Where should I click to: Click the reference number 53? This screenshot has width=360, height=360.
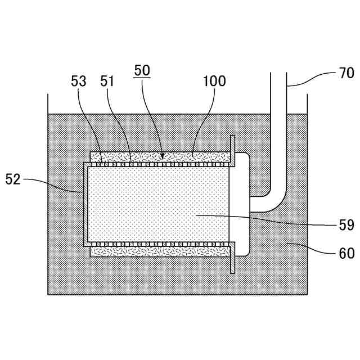[x=79, y=81]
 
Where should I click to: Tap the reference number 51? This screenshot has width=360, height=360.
[x=107, y=81]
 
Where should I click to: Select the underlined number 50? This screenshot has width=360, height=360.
[x=142, y=71]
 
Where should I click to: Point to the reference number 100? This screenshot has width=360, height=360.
[x=214, y=81]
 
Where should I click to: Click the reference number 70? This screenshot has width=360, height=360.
[x=346, y=73]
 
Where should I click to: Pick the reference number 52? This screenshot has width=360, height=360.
[x=13, y=179]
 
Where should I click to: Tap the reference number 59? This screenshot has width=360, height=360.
[x=346, y=226]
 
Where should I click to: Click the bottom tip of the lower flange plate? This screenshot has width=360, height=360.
[x=232, y=273]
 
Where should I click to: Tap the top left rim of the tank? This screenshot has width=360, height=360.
[x=48, y=95]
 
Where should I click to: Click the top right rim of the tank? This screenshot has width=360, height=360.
[x=307, y=95]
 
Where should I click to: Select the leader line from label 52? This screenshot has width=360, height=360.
[x=56, y=183]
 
